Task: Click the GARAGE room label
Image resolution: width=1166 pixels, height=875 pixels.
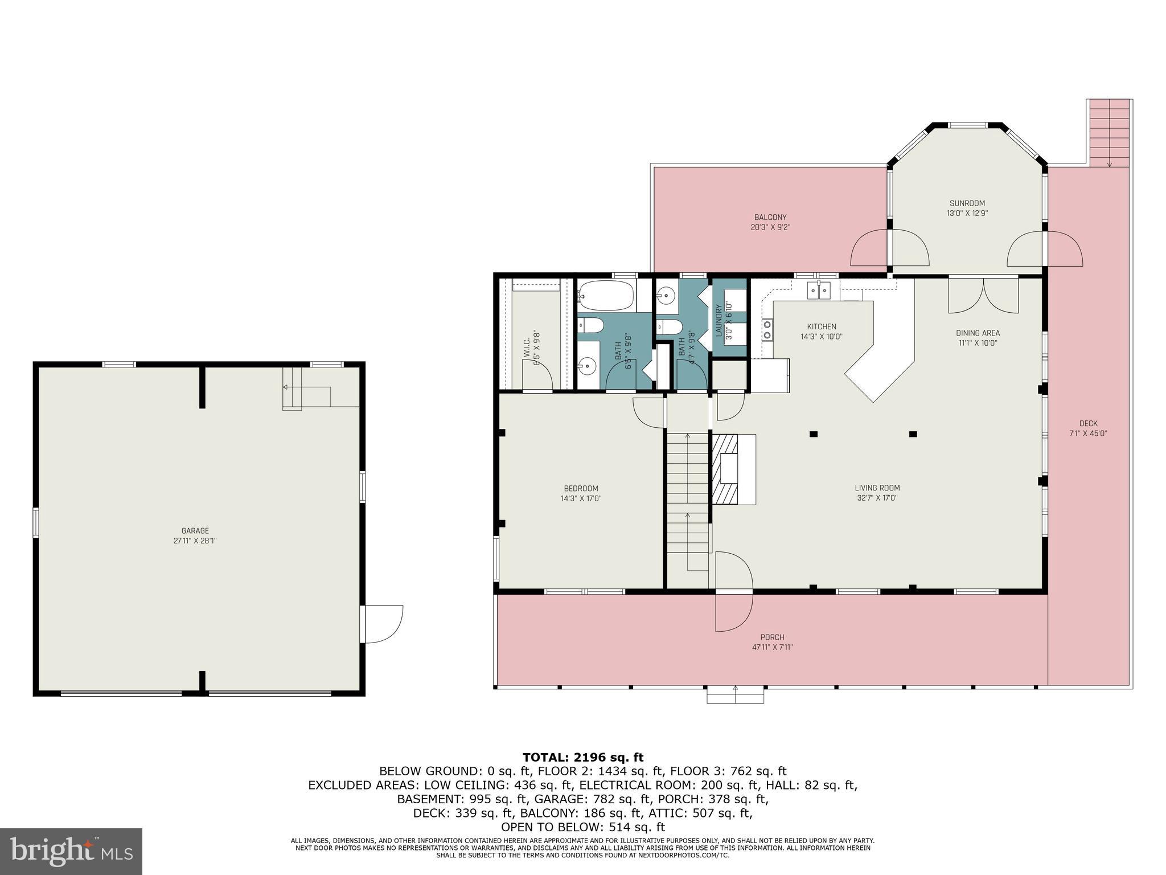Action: tap(195, 530)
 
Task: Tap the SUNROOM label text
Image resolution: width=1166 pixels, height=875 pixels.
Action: tap(967, 203)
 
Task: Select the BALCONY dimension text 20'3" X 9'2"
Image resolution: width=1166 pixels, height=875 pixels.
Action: tap(770, 227)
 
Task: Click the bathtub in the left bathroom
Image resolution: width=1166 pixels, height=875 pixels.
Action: tap(606, 295)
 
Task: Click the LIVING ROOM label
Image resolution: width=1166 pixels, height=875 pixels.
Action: tap(877, 488)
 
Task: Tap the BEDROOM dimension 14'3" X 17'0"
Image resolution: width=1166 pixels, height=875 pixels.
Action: tap(581, 498)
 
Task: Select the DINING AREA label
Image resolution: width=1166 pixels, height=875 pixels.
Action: tap(978, 333)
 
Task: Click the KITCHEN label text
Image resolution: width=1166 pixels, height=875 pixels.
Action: tap(821, 326)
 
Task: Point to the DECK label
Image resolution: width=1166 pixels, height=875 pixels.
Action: tap(1087, 423)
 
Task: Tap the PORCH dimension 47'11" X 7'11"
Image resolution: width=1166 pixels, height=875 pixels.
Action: tap(772, 647)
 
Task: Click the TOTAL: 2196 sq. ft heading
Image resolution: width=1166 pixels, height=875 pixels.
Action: tap(582, 757)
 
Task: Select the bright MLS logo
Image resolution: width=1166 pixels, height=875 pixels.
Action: tap(71, 851)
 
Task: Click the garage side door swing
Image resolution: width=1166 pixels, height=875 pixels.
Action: tap(383, 624)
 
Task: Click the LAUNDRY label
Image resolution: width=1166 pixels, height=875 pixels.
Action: tap(719, 321)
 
